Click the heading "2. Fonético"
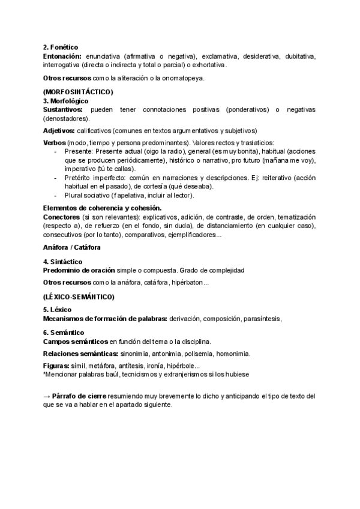coord(61,47)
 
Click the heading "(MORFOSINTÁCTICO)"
coord(78,91)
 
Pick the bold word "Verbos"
coord(55,143)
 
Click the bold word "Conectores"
coord(62,217)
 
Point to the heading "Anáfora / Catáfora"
coord(71,248)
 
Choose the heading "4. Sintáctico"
coord(63,262)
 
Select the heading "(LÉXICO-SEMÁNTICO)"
coord(79,297)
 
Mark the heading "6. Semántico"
coord(63,332)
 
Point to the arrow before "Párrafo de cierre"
coord(47,397)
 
